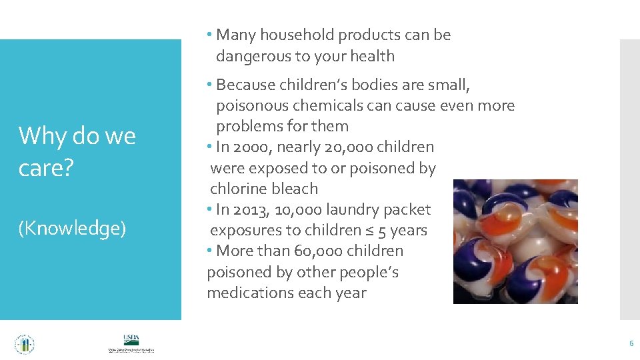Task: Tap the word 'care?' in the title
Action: [x=44, y=169]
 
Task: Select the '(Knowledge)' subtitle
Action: [x=72, y=229]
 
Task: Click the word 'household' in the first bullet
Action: [x=297, y=35]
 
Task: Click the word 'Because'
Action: [x=247, y=85]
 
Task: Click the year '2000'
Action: [x=266, y=147]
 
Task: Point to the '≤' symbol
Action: [x=371, y=231]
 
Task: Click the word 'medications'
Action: [x=251, y=293]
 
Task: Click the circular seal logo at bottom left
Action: [x=24, y=344]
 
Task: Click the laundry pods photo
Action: [x=515, y=241]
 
